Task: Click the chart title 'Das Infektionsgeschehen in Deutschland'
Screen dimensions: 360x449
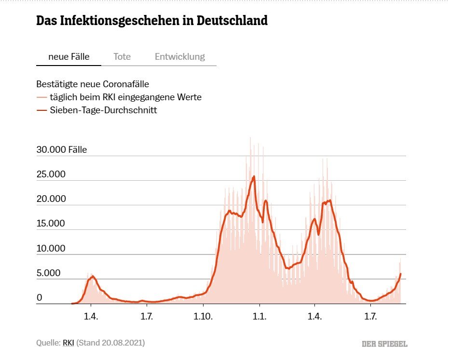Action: coord(152,21)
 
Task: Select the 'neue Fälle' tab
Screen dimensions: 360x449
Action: coord(69,56)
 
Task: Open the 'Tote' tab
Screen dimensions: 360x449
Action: coord(122,56)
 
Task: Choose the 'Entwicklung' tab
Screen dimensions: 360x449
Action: coord(180,56)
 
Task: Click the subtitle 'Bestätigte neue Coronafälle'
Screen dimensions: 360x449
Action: coord(93,84)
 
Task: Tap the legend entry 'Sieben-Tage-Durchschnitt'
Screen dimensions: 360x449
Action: coord(104,110)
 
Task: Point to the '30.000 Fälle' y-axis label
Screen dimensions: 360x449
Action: coord(62,150)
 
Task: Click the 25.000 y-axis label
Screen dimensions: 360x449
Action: coord(51,174)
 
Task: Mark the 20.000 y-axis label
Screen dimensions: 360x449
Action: coord(51,199)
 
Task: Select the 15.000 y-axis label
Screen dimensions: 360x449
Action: coord(51,224)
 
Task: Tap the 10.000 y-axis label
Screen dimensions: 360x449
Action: coord(51,249)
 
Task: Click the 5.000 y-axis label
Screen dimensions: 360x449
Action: coord(49,273)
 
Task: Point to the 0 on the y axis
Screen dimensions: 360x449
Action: coord(39,298)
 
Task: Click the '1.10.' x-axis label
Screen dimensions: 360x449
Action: coord(204,316)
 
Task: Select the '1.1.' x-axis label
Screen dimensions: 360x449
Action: coord(259,316)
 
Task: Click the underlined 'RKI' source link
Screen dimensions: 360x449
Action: coord(68,343)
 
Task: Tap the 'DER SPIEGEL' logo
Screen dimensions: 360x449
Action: coord(385,344)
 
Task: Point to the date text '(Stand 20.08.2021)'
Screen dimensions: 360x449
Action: coord(110,343)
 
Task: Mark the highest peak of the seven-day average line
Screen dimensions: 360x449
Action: coord(254,176)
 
